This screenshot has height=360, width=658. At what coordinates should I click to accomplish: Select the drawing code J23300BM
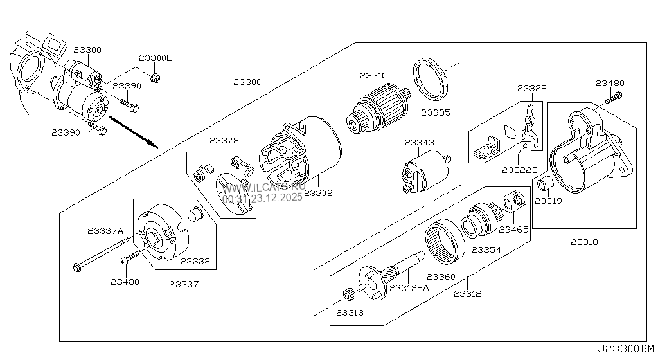(626, 349)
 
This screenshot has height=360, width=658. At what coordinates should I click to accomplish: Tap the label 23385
(436, 112)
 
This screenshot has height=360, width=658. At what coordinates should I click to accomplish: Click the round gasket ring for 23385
(430, 80)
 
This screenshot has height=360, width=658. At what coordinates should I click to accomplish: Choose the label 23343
(419, 142)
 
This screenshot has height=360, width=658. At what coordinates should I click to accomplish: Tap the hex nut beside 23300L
(155, 78)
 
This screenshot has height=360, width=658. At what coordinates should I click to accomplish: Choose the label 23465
(513, 229)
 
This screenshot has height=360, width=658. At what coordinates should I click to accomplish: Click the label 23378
(224, 139)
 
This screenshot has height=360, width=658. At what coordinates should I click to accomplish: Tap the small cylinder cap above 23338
(195, 215)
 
